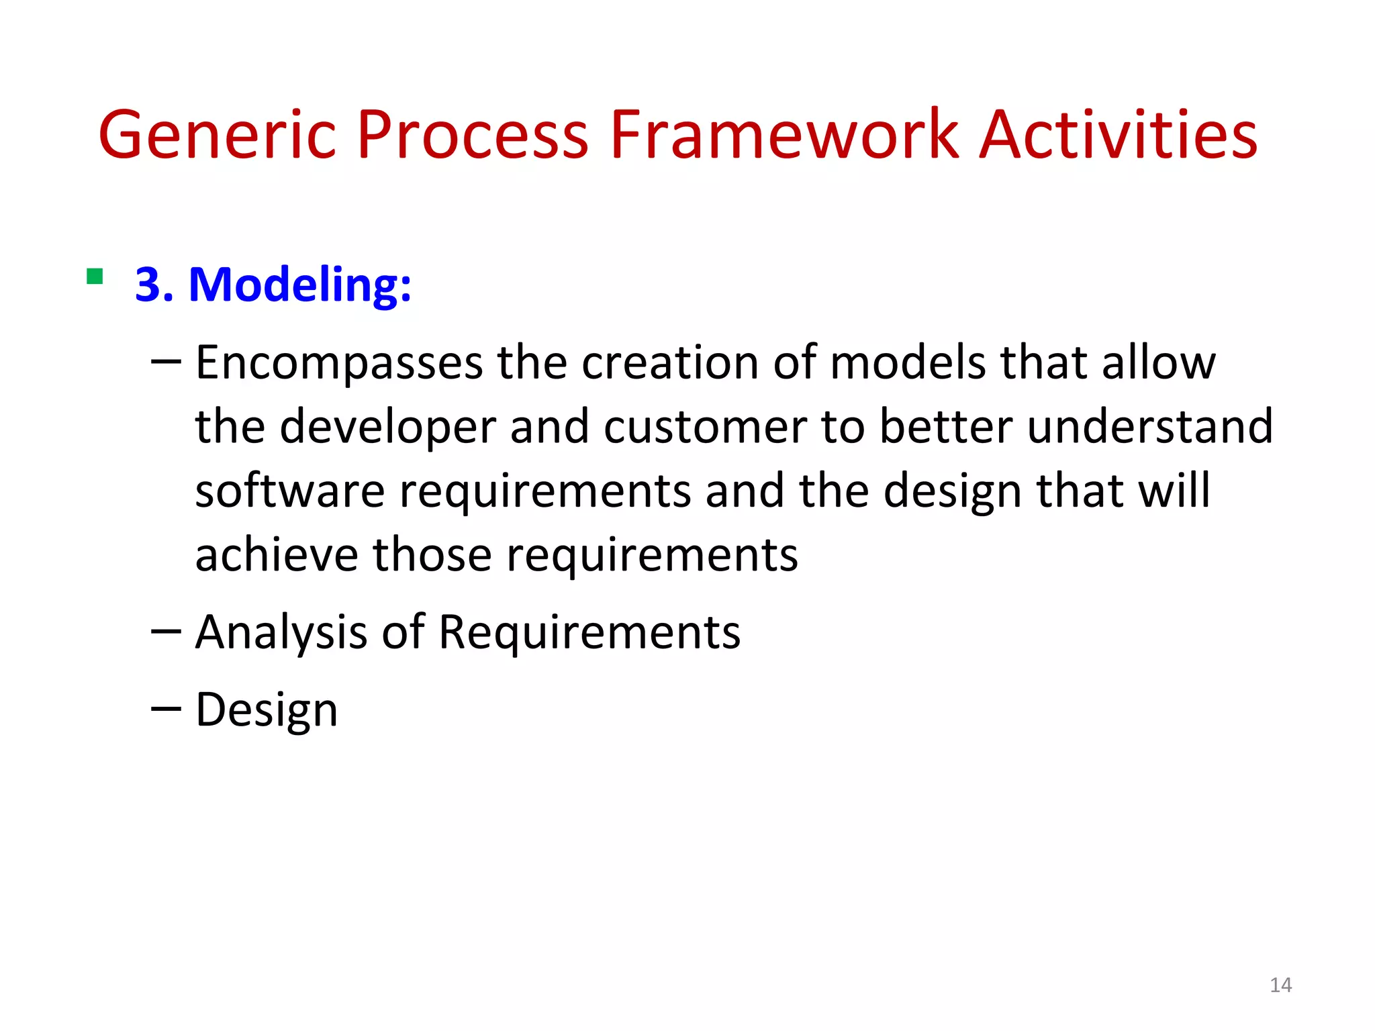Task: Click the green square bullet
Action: (95, 277)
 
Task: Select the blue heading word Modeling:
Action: (300, 285)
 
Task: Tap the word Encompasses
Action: (338, 363)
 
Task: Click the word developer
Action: (387, 427)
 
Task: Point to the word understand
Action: (1149, 427)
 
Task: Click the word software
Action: (289, 491)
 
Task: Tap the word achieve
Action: (277, 555)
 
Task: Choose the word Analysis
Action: (281, 632)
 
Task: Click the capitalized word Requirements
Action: (589, 632)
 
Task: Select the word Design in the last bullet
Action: (266, 710)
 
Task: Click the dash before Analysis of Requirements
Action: (166, 631)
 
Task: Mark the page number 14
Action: (1280, 985)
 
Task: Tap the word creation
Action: (669, 362)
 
